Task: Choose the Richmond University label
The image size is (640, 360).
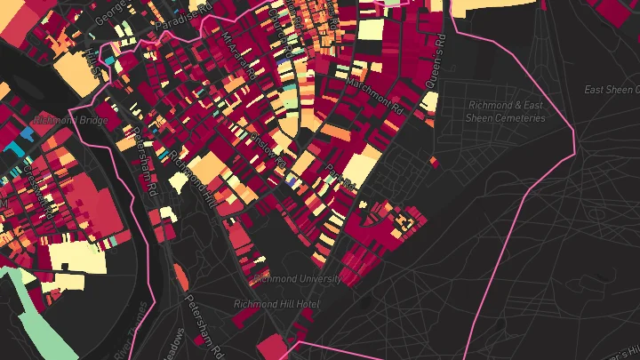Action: pyautogui.click(x=297, y=278)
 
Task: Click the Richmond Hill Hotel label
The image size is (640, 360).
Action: pyautogui.click(x=276, y=304)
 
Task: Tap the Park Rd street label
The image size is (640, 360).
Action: pyautogui.click(x=340, y=176)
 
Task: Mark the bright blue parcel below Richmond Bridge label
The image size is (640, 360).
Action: pyautogui.click(x=26, y=133)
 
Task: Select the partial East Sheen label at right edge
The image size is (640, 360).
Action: pyautogui.click(x=612, y=90)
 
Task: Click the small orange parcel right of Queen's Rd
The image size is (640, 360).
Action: pyautogui.click(x=434, y=161)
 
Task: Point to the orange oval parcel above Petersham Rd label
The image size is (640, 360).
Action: pyautogui.click(x=182, y=277)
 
